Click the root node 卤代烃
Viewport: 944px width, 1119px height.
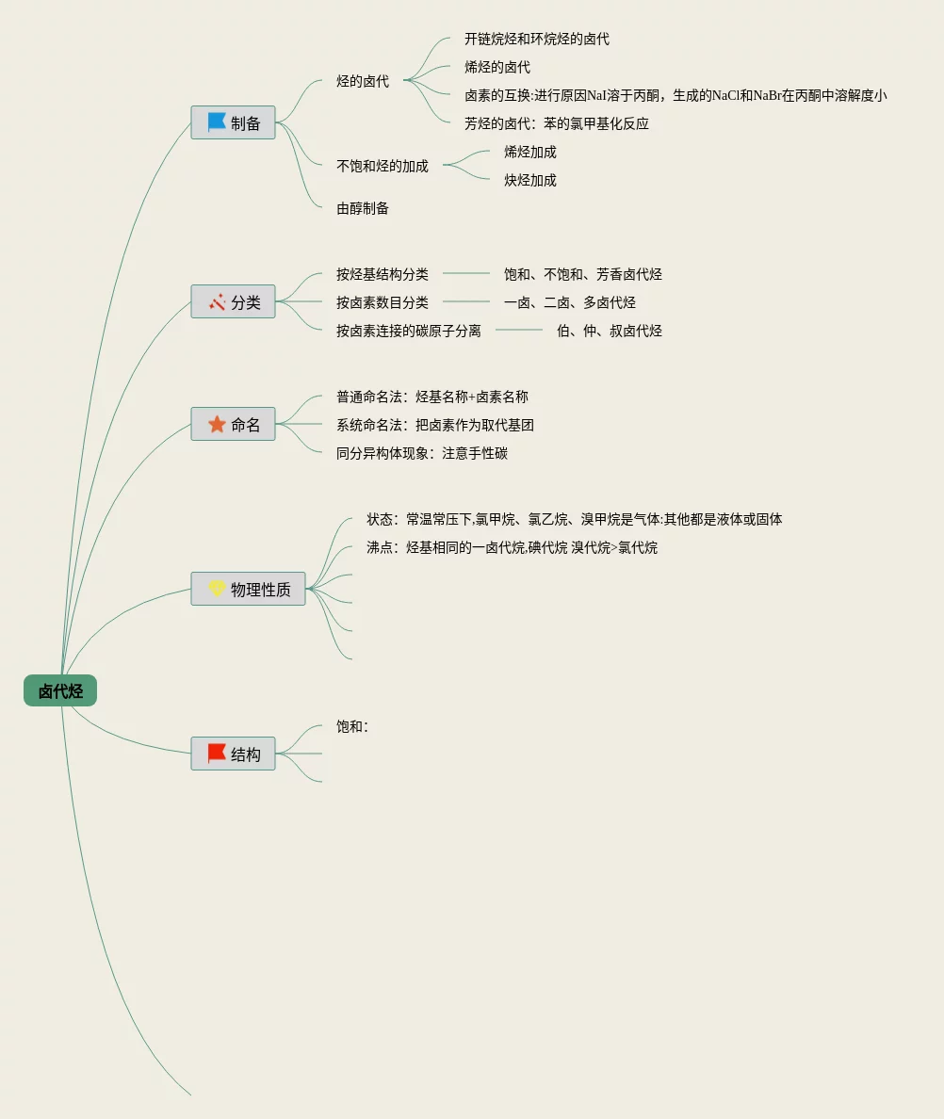pos(60,691)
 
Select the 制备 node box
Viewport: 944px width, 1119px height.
pos(234,122)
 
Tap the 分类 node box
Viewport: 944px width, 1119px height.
pos(234,301)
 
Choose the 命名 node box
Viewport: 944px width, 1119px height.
pos(234,424)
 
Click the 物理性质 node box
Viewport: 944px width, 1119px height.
pos(249,589)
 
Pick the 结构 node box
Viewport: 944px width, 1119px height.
pos(234,754)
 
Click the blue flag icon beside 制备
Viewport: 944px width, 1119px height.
pos(217,122)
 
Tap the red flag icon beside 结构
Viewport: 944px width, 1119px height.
pos(217,754)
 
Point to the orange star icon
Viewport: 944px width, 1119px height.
pos(217,424)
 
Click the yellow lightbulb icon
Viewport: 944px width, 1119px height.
pos(217,589)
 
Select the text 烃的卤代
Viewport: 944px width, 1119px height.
pos(363,81)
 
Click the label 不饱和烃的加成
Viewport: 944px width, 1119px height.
pos(382,166)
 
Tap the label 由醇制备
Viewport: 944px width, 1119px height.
pos(363,208)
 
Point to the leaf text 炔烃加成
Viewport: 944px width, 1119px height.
pos(530,180)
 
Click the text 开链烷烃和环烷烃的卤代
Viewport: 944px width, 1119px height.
pos(537,39)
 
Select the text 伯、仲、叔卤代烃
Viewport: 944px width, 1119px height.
pos(610,331)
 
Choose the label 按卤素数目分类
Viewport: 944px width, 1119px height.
pos(382,302)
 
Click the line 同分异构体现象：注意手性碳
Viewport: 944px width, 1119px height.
pos(422,453)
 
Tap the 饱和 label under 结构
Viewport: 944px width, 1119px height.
pos(351,726)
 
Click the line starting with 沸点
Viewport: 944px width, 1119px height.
pos(512,547)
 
